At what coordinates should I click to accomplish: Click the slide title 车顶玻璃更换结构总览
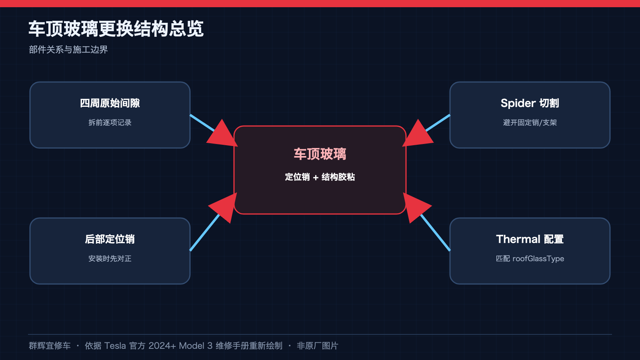pos(116,28)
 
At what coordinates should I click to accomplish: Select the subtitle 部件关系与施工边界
pos(68,50)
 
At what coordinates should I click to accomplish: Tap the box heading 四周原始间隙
pos(110,103)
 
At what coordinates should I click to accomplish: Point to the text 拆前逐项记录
pos(110,122)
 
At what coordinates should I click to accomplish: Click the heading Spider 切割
pos(530,103)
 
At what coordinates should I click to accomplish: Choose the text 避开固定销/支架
pos(530,122)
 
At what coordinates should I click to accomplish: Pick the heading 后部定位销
pos(110,239)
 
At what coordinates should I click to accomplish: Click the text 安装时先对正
pos(110,258)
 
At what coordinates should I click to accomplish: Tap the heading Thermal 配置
pos(530,239)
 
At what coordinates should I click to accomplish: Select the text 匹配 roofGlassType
pos(530,258)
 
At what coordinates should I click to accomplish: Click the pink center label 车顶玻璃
pos(320,154)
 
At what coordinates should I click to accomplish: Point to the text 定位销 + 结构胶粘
pos(320,177)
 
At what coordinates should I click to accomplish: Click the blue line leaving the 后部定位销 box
pos(204,232)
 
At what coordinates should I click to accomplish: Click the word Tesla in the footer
pos(115,346)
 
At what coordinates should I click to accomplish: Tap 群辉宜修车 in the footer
pos(50,346)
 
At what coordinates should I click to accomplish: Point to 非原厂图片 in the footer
pos(318,346)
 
